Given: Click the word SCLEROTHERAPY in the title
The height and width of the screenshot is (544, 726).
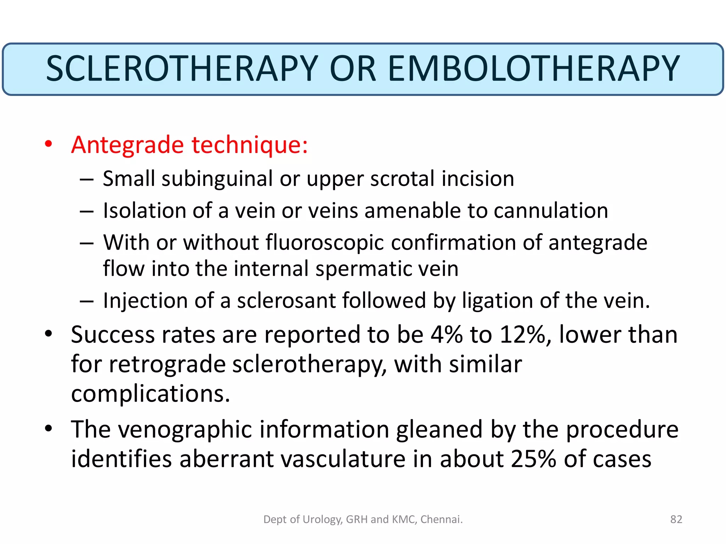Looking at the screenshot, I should tap(182, 69).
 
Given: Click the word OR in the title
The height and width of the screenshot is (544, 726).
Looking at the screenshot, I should tap(353, 69).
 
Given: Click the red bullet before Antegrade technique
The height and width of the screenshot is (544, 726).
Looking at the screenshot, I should tap(49, 144).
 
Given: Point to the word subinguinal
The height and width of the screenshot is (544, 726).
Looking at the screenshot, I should tap(217, 178).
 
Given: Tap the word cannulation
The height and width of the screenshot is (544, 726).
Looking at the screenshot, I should tap(551, 211).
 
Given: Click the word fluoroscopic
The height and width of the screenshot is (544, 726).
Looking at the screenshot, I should tap(325, 243).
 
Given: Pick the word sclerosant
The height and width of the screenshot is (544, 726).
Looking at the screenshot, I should tap(286, 301).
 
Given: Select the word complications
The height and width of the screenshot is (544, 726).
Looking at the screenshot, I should tap(150, 394).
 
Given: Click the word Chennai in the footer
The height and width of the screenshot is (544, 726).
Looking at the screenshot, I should tap(441, 519).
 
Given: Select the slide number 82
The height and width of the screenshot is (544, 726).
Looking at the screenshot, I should tap(676, 519).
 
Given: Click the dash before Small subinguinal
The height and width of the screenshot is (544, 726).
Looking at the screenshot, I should tap(86, 180).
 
